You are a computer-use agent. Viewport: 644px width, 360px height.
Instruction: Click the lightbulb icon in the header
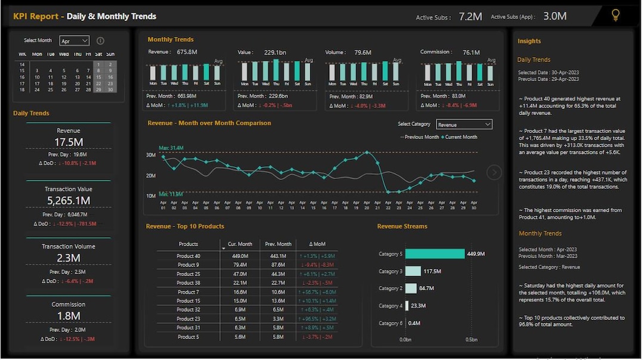616,15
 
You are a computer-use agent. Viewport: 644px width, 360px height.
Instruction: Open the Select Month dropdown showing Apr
74,41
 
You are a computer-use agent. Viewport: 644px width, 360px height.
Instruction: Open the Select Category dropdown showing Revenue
464,125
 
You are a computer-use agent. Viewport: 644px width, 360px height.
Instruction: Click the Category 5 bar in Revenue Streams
435,254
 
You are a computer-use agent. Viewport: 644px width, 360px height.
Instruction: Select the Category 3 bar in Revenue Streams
413,271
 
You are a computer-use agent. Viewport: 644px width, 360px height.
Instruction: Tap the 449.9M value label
476,254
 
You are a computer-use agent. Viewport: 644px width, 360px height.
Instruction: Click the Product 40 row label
188,256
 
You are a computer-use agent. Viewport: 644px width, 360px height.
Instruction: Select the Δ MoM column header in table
317,244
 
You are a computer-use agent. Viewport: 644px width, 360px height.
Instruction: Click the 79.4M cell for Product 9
240,265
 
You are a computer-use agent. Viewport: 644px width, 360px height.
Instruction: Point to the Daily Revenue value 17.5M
68,142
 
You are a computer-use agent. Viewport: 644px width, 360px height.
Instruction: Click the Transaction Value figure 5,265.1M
68,201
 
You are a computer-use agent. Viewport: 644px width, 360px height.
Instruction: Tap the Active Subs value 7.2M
470,17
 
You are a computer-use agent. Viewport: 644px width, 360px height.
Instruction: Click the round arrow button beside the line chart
494,172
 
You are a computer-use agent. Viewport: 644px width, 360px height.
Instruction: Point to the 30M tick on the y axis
151,155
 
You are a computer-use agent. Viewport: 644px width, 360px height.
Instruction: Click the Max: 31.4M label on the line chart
171,148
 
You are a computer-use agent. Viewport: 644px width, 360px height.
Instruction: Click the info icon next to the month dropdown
100,41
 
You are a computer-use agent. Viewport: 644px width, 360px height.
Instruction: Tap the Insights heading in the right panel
529,41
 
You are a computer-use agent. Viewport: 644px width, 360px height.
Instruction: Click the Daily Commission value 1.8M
68,316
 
